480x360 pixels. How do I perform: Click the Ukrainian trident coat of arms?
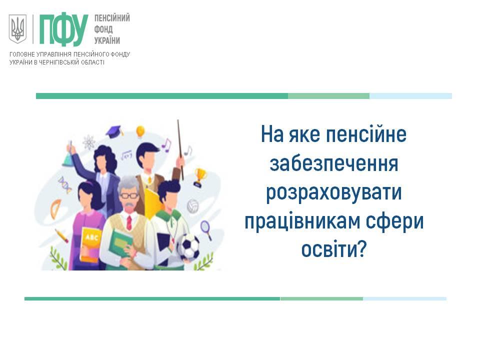(17, 29)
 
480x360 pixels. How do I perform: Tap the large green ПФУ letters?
(63, 29)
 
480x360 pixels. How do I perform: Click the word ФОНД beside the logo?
(103, 29)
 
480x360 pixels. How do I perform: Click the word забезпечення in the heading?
(334, 164)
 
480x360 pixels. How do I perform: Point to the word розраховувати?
(333, 193)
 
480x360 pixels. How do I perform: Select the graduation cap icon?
(114, 131)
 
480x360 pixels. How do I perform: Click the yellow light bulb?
(140, 131)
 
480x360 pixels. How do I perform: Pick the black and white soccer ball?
(189, 246)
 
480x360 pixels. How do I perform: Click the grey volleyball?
(193, 206)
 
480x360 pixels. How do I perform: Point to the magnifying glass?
(206, 229)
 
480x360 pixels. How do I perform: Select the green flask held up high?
(68, 159)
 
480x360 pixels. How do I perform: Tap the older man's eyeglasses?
(129, 195)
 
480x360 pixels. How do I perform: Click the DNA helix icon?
(65, 184)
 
